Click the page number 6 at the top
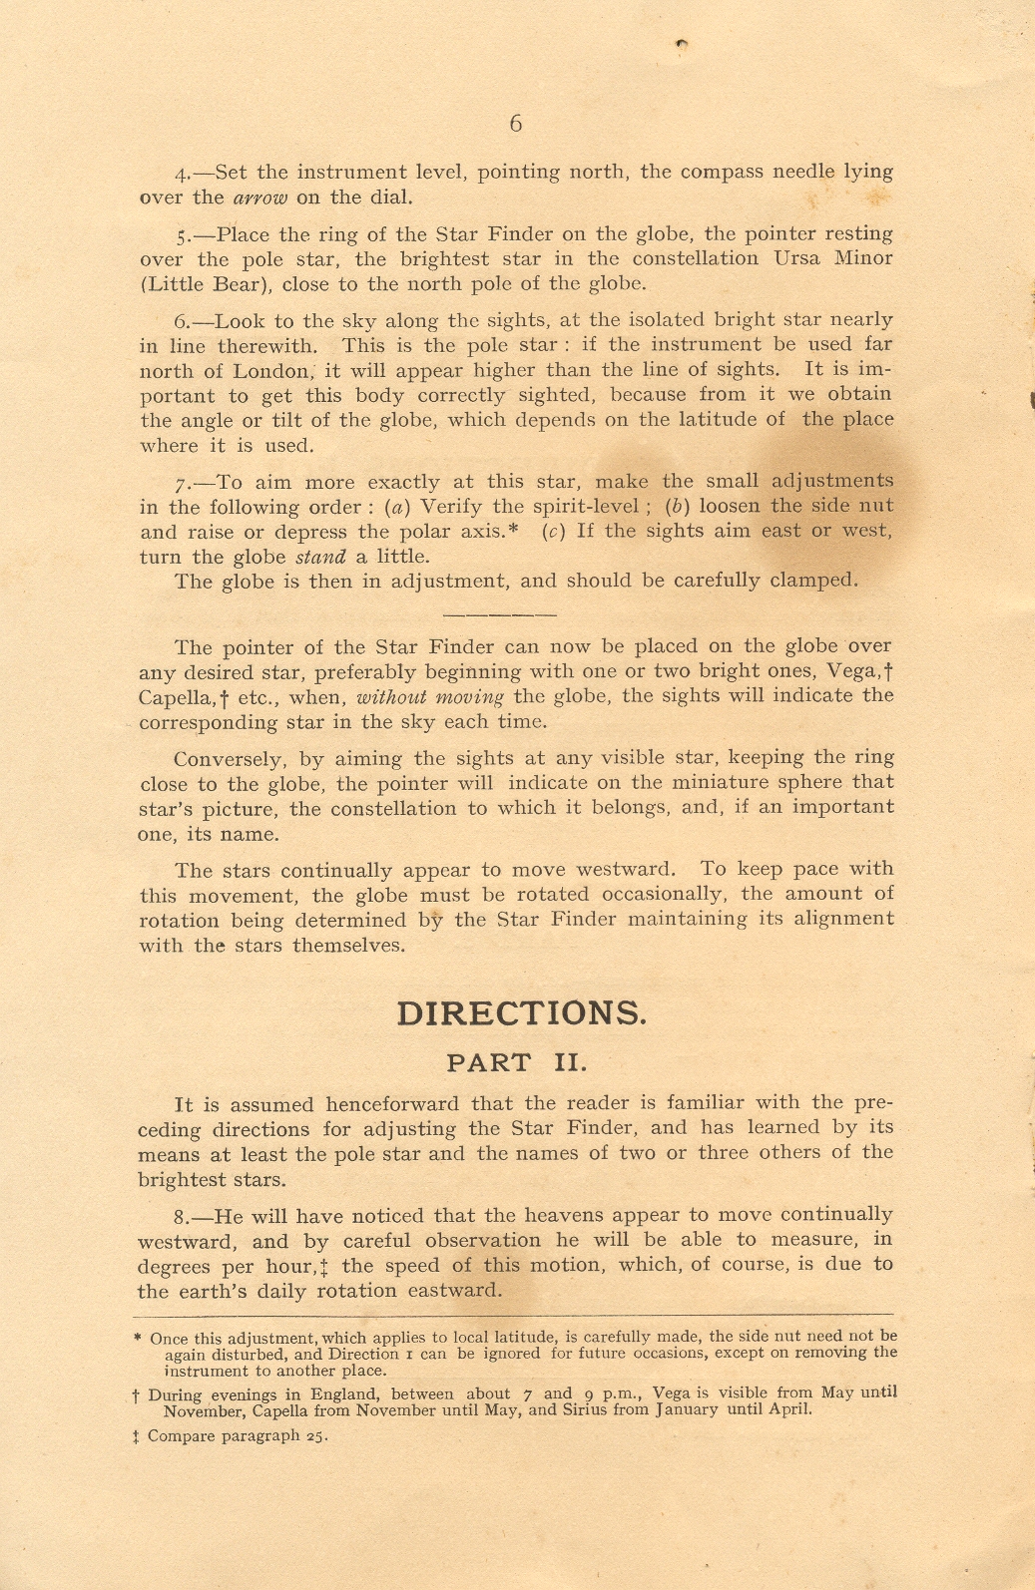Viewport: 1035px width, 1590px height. coord(515,124)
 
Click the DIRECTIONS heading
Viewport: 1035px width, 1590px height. coord(521,1013)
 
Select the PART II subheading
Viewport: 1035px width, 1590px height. coord(516,1062)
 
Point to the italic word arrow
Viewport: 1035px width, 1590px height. coord(259,198)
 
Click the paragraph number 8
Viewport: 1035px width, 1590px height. coord(183,1217)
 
